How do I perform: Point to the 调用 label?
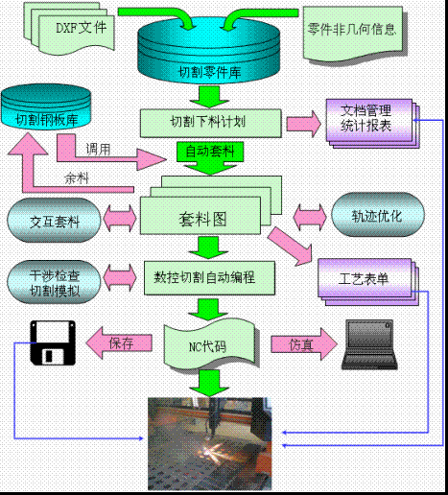coord(98,150)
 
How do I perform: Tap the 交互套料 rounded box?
coord(54,222)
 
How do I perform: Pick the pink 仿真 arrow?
coord(298,342)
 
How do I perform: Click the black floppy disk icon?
coord(49,342)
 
